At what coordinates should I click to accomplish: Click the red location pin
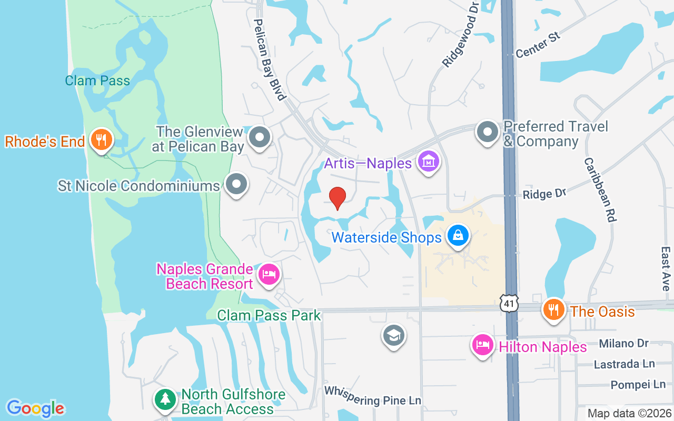tap(337, 198)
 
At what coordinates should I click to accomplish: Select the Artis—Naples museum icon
tap(429, 162)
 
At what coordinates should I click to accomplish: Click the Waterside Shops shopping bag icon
tap(458, 235)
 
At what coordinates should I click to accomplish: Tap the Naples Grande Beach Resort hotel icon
tap(269, 274)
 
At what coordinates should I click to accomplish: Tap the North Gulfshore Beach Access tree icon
tap(165, 399)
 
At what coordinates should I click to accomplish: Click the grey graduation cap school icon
tap(393, 335)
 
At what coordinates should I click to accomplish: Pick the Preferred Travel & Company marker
tap(487, 132)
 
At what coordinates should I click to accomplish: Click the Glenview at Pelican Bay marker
tap(259, 137)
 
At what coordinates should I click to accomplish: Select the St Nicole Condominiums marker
tap(236, 185)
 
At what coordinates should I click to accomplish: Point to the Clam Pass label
tap(97, 81)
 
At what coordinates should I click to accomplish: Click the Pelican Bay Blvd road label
tap(270, 59)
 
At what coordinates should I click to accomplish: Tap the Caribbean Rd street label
tap(600, 189)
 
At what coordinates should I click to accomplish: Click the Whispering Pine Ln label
tap(373, 395)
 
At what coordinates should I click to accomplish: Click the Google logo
tap(36, 408)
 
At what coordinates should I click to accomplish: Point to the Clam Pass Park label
tap(269, 315)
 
